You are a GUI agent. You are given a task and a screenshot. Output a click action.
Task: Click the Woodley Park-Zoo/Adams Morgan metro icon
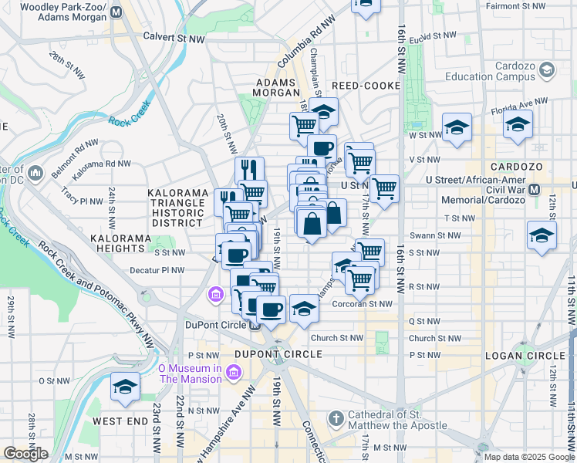tap(116, 12)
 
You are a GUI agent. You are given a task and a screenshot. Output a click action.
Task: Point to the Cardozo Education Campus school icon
tap(547, 71)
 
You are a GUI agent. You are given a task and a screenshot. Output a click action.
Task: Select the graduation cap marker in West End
tap(124, 387)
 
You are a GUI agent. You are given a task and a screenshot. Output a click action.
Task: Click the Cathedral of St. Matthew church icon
tap(335, 419)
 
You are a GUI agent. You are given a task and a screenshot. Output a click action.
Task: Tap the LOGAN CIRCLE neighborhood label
tap(525, 355)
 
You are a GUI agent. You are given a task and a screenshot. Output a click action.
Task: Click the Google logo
tap(25, 454)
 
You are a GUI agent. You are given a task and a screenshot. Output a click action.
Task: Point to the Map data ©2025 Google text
tap(528, 457)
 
